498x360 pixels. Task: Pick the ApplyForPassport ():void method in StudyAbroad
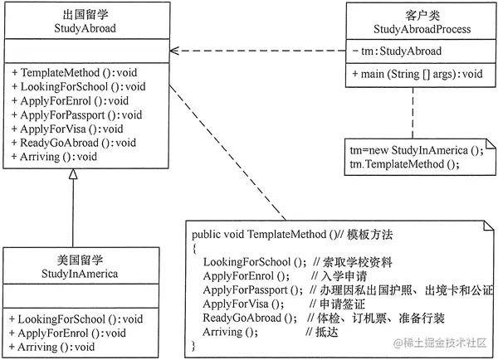click(x=76, y=114)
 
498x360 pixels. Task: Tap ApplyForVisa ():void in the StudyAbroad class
click(x=67, y=129)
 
